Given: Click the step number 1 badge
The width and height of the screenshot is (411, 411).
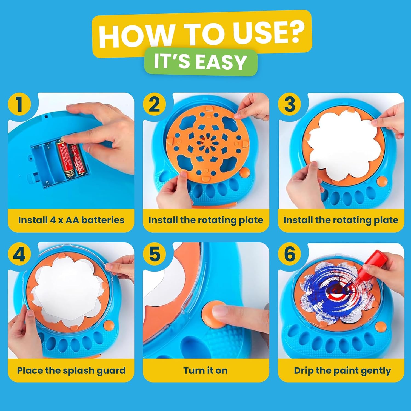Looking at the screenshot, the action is coord(19,105).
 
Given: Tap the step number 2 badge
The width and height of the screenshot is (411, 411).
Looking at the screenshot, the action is coord(154,105).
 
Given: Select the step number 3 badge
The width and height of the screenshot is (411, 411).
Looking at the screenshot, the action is coord(290,105).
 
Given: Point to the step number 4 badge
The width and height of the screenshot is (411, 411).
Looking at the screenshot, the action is coord(19,255).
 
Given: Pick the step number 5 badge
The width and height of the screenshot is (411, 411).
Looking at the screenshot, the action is coord(154,255).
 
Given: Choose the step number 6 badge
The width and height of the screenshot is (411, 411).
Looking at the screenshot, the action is coord(290,255).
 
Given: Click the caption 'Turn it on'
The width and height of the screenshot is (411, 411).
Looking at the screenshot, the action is coord(206,370).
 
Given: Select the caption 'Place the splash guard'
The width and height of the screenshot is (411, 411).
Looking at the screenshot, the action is coord(71,370).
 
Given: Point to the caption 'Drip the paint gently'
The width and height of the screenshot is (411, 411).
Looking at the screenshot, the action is coord(342,370).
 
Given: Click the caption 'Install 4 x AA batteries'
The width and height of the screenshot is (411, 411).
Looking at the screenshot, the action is coord(71,220).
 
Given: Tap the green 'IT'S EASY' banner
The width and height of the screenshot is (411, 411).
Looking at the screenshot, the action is coord(201,62).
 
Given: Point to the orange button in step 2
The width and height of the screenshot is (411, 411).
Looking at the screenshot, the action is coord(244,173).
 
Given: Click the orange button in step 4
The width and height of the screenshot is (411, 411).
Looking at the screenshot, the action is coord(109,326).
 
